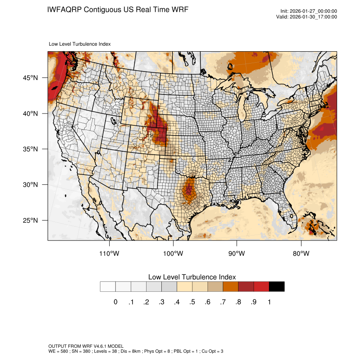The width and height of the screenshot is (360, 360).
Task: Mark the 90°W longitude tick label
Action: point(237,254)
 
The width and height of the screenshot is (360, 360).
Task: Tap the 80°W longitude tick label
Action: point(301,254)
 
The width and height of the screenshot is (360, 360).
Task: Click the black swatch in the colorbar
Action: point(277,287)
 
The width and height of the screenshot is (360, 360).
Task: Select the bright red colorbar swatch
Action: point(261,287)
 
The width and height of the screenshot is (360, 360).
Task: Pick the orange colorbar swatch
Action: point(230,287)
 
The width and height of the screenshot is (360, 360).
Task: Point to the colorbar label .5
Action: point(192,302)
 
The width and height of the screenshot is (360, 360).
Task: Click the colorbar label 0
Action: point(115,302)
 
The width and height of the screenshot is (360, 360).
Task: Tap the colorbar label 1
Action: point(269,302)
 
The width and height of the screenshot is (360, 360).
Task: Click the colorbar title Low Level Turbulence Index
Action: point(192,277)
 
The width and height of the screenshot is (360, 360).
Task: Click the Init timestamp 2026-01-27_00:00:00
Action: point(313,11)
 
